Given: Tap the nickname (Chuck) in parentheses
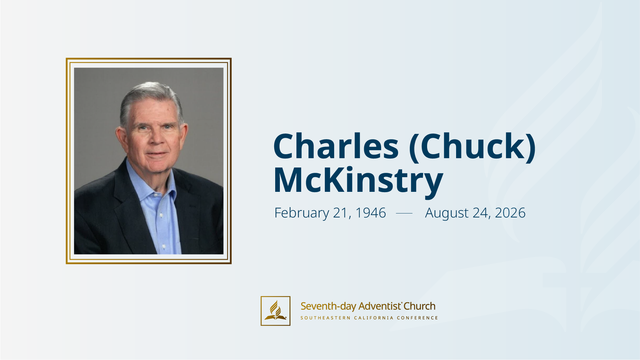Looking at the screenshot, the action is [x=472, y=147].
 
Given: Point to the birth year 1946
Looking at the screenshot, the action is [x=370, y=212].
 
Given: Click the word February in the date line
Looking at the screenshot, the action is [x=302, y=213].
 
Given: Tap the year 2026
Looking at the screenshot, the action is [x=510, y=212].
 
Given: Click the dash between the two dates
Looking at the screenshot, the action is [x=404, y=213].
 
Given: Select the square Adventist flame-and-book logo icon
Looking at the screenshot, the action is [x=275, y=311].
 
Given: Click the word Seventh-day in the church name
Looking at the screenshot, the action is [x=328, y=306].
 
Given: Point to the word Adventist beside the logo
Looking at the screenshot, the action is [x=380, y=306].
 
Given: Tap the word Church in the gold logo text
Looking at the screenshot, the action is [x=419, y=306].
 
